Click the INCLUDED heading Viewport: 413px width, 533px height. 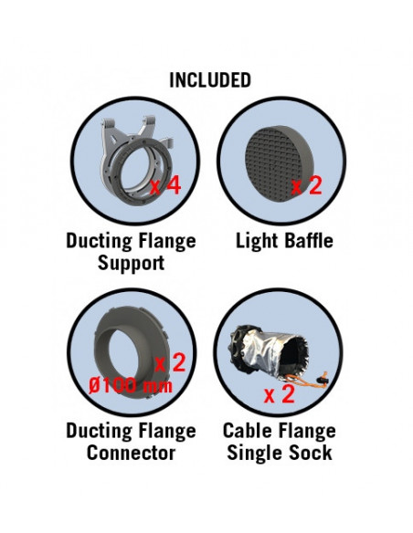[x=210, y=80]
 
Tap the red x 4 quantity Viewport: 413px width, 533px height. [x=165, y=186]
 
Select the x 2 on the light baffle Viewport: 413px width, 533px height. [x=306, y=186]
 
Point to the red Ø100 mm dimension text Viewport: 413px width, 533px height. [x=131, y=386]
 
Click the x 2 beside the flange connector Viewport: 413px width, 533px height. [x=170, y=362]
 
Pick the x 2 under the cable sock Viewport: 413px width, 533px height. [x=280, y=394]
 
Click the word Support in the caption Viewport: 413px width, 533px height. [x=131, y=263]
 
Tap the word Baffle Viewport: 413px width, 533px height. [x=309, y=241]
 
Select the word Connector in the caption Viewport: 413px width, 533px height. [x=131, y=453]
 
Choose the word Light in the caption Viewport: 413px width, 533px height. [x=258, y=241]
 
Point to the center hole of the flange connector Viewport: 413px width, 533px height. [x=125, y=356]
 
